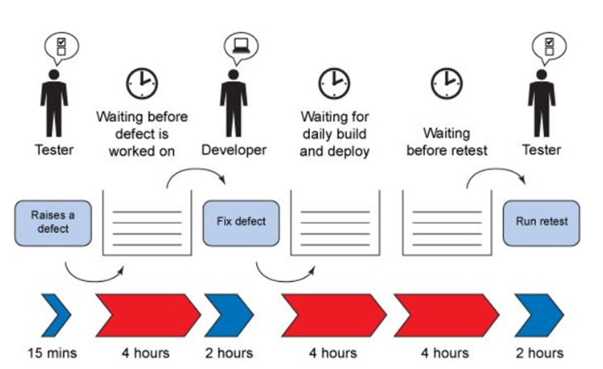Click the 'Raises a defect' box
pos(53,222)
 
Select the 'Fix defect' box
pos(241,222)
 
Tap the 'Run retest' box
pos(542,222)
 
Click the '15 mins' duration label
pos(52,352)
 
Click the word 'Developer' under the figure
pos(234,150)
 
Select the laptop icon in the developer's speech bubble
pos(241,46)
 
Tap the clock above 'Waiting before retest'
pos(446,84)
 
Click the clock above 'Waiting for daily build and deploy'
pos(334,84)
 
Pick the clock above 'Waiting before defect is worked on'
pos(142,84)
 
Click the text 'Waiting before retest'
pos(447,142)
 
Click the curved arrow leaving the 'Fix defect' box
pos(282,279)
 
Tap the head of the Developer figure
pos(234,75)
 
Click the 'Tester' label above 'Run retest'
pos(542,150)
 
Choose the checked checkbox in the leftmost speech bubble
pos(61,41)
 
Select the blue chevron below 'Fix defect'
pos(229,315)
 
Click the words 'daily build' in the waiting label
pos(334,134)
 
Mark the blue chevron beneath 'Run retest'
pos(539,315)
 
